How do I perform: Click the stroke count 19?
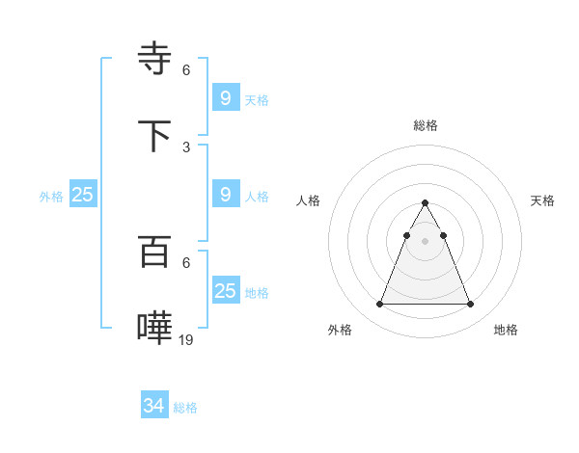coord(186,339)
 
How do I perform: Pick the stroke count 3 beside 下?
coord(186,147)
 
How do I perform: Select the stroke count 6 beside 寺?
coord(186,70)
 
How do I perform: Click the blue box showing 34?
coord(154,407)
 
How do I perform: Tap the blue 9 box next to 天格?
coord(226,97)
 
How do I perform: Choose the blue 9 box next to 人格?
coord(226,194)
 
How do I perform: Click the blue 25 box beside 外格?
coord(83,194)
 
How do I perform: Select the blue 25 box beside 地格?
coord(226,290)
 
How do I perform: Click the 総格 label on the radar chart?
coord(426,125)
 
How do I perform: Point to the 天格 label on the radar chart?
coord(542,200)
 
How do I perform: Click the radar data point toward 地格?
coord(470,305)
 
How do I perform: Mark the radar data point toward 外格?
coord(379,305)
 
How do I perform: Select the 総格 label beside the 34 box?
coord(185,408)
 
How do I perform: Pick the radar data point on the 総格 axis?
coord(425,203)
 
